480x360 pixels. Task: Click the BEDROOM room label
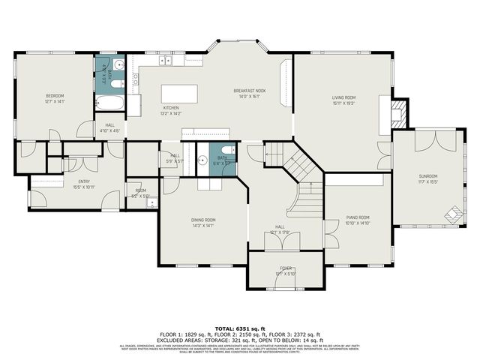tap(55, 96)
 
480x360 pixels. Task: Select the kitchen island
tap(181, 94)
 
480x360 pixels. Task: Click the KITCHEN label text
tap(171, 108)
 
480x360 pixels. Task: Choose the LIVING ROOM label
tap(343, 97)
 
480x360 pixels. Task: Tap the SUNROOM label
tap(429, 176)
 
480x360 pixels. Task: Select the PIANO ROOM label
tap(357, 217)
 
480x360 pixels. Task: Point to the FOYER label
tap(285, 267)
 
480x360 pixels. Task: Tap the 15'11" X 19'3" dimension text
tap(343, 103)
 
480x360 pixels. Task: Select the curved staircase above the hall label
tap(304, 199)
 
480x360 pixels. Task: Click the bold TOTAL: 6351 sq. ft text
tap(239, 328)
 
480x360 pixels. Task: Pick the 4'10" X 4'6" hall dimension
tap(109, 130)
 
